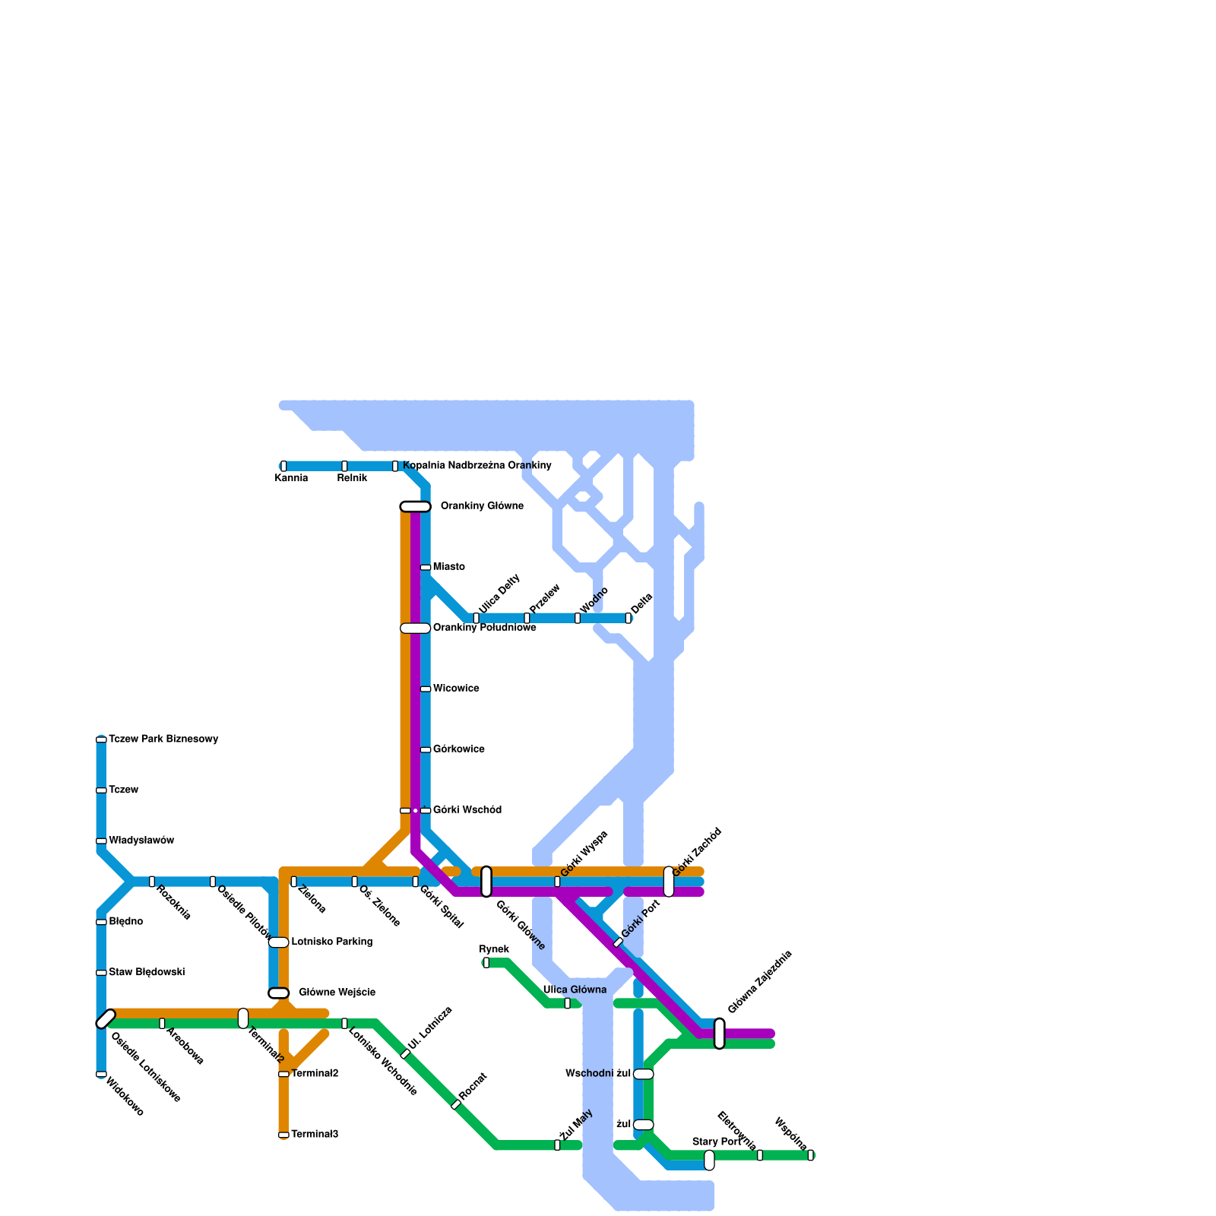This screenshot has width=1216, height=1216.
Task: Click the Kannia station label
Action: pyautogui.click(x=291, y=478)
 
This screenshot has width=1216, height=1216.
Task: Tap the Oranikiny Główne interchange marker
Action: pyautogui.click(x=415, y=506)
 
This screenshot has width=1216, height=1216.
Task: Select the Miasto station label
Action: pyautogui.click(x=449, y=567)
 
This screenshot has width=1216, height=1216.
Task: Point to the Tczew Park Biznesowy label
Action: pyautogui.click(x=163, y=739)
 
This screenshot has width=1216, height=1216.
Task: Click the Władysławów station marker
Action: pyautogui.click(x=101, y=841)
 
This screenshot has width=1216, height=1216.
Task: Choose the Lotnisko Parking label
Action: pyautogui.click(x=332, y=942)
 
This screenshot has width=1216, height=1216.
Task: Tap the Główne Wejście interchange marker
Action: pyautogui.click(x=279, y=993)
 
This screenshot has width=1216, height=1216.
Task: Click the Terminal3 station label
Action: pyautogui.click(x=315, y=1134)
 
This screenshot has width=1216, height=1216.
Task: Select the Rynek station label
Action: pyautogui.click(x=494, y=949)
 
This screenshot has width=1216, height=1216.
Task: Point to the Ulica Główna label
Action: pyautogui.click(x=575, y=990)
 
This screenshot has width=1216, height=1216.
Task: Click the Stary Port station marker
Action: pyautogui.click(x=709, y=1160)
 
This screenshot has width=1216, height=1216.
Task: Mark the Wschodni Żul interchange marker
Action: pyautogui.click(x=643, y=1073)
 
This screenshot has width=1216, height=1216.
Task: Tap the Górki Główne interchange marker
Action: pyautogui.click(x=486, y=881)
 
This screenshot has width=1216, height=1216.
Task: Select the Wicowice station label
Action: pyautogui.click(x=456, y=689)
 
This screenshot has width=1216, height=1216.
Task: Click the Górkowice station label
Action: pyautogui.click(x=459, y=749)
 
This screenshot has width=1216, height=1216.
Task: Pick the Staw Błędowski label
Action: pyautogui.click(x=147, y=972)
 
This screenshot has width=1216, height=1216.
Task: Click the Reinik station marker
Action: pyautogui.click(x=344, y=466)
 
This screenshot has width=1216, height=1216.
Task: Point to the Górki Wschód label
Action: pyautogui.click(x=467, y=810)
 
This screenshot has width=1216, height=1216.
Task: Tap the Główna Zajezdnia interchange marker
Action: pyautogui.click(x=719, y=1033)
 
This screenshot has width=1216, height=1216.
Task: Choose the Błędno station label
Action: pyautogui.click(x=126, y=921)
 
